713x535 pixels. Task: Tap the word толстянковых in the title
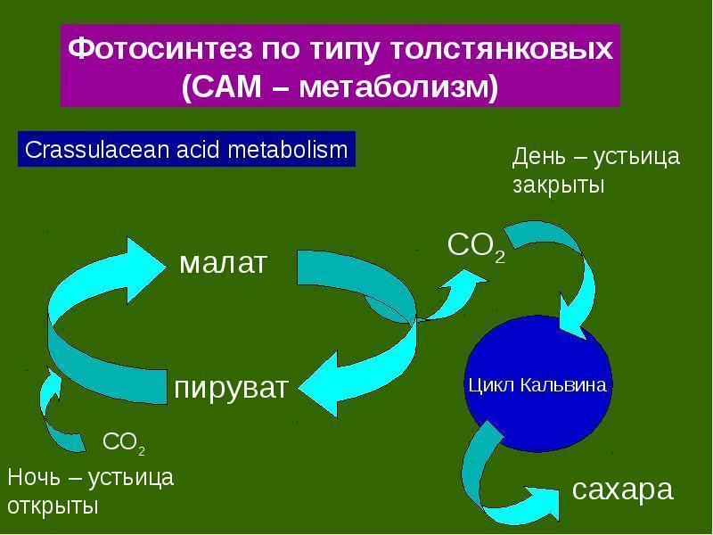[x=502, y=49]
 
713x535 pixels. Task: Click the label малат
[x=223, y=263]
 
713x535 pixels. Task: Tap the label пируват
[x=231, y=389]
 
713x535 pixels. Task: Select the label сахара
[x=622, y=490]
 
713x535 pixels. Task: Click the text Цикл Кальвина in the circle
[x=537, y=385]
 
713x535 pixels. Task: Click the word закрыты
[x=559, y=185]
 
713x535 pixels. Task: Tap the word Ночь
[x=34, y=477]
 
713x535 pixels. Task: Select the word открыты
[x=53, y=506]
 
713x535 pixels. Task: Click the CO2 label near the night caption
[x=124, y=442]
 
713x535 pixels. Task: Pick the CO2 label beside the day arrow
[x=476, y=247]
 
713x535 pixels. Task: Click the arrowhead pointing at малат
[x=145, y=269]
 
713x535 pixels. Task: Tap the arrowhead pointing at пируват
[x=318, y=384]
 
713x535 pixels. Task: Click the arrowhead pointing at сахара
[x=543, y=503]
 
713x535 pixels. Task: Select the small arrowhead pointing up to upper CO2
[x=463, y=280]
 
